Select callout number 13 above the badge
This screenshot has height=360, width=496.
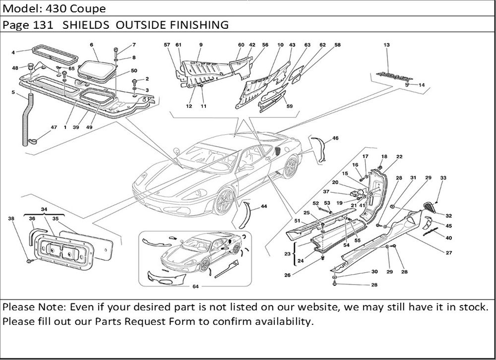386,45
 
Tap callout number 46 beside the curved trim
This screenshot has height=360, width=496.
336,138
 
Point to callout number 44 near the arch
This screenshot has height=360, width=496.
263,206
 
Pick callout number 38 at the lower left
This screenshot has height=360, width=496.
11,218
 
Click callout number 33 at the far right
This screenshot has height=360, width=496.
443,178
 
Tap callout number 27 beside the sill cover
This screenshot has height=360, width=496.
448,253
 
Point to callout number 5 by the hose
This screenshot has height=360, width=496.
13,92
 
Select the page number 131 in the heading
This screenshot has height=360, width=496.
43,25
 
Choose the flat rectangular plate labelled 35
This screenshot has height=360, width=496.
94,245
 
